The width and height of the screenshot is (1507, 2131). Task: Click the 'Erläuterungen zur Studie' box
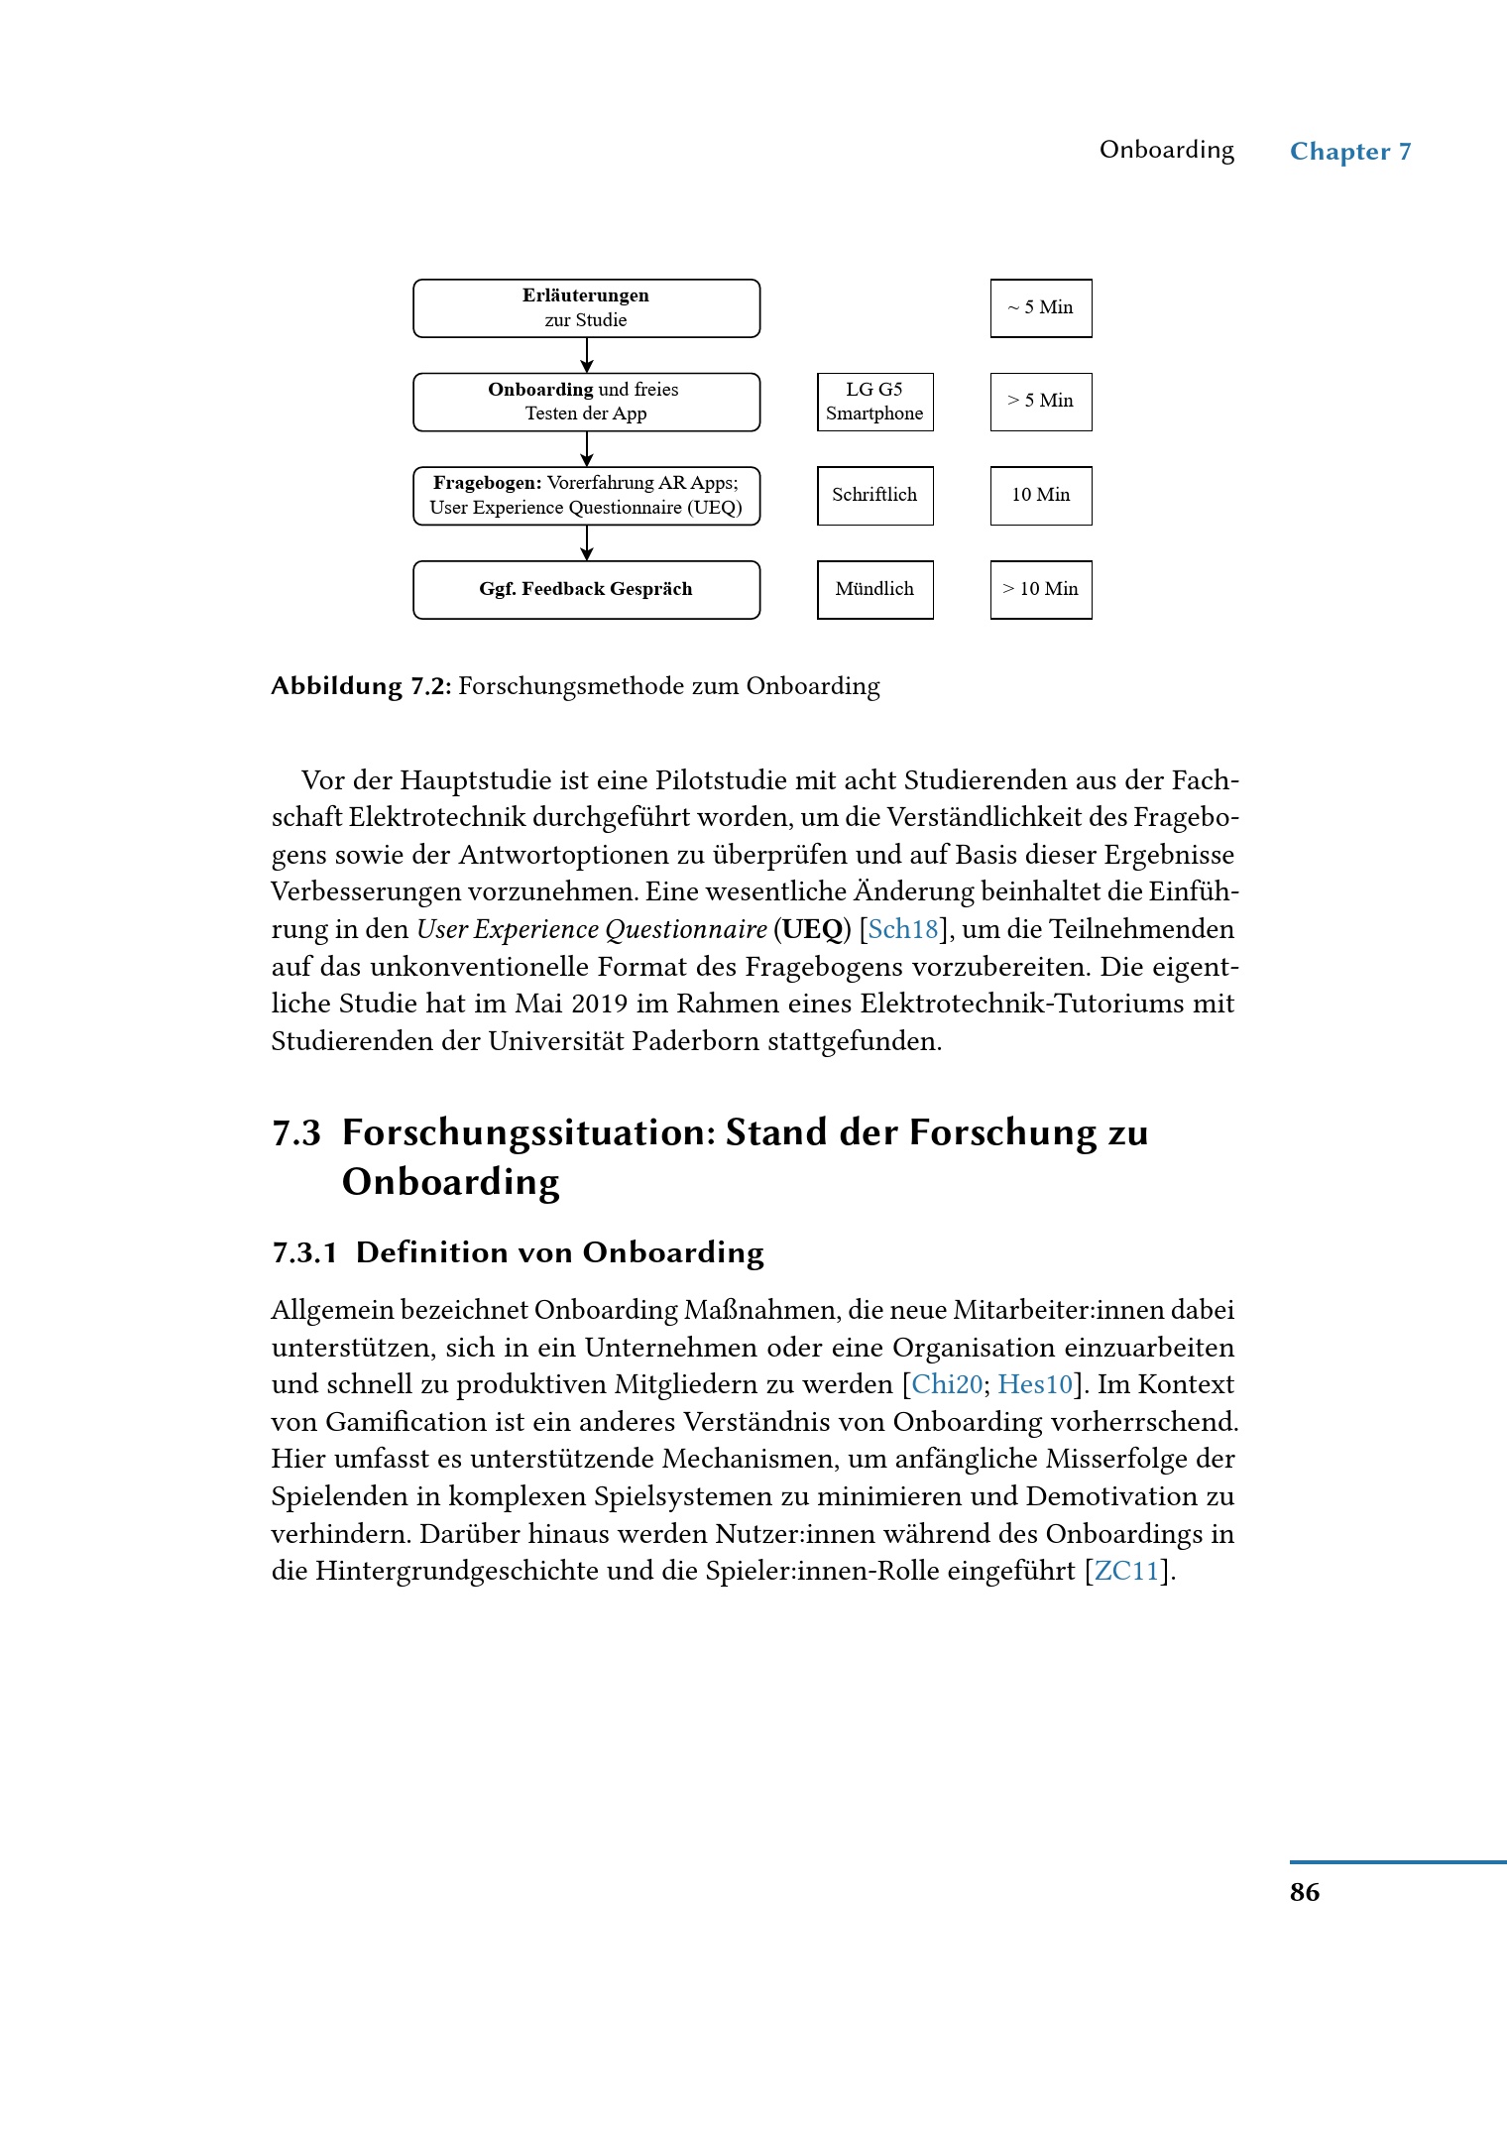click(586, 308)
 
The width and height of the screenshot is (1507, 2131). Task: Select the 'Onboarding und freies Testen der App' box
click(586, 402)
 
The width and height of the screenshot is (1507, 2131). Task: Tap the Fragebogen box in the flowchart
click(586, 496)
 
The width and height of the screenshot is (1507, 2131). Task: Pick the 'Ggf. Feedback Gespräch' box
click(586, 590)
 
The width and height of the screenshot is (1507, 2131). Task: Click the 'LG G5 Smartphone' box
click(874, 402)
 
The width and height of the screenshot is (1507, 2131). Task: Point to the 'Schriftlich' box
click(874, 496)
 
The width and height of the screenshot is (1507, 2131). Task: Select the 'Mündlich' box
click(874, 590)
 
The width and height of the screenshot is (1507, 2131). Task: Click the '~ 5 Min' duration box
click(1041, 308)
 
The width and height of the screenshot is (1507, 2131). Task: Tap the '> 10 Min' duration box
click(1041, 590)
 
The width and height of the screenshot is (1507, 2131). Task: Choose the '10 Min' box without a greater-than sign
click(1041, 496)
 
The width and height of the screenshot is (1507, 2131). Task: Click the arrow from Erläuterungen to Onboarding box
click(587, 355)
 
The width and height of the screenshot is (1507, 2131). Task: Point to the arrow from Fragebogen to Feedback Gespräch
click(587, 542)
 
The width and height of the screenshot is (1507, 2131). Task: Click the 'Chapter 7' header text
click(1350, 152)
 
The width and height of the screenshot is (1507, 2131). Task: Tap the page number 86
click(1305, 1892)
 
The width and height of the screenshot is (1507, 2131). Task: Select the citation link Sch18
click(902, 930)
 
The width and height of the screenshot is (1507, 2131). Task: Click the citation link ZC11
click(1126, 1572)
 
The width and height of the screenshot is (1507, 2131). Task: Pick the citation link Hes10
click(1035, 1385)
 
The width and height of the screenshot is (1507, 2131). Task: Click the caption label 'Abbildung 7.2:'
click(361, 686)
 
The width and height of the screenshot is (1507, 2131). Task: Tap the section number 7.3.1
click(304, 1253)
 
